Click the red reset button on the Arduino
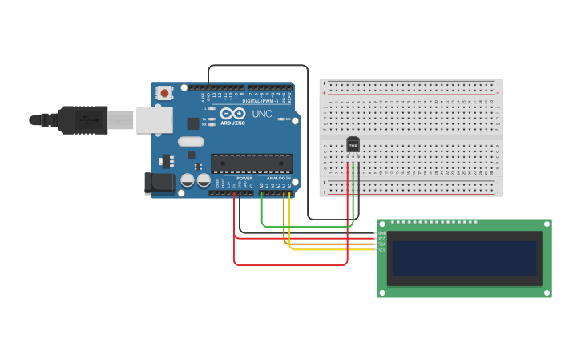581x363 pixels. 164,93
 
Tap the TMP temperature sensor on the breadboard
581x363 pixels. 353,145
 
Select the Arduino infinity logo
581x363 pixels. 232,114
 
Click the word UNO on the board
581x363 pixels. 263,114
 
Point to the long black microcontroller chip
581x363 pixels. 251,163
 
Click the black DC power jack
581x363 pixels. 159,183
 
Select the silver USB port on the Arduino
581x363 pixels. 154,120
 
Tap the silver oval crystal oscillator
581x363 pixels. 191,142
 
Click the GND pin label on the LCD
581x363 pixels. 381,233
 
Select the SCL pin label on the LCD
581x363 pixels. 381,250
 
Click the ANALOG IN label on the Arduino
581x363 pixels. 278,178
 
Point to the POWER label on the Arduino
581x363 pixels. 244,178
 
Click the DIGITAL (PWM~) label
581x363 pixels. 260,101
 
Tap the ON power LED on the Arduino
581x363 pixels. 288,119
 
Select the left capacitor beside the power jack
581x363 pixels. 188,180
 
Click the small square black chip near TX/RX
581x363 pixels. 193,123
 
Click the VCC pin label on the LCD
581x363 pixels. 381,239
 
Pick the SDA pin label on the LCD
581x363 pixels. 381,244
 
